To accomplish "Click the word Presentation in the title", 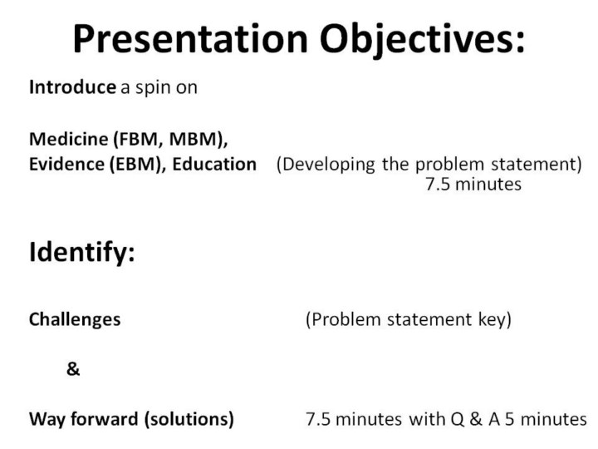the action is pos(190,38).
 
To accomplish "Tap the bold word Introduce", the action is pos(72,87).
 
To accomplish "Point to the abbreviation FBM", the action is pos(135,139).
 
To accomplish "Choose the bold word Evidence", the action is pos(66,164).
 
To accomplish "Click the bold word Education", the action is pos(214,164).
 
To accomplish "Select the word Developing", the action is pos(326,165).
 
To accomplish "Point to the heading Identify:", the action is pos(82,253).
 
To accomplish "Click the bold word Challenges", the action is pos(75,320).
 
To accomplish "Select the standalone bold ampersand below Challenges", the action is pos(73,369).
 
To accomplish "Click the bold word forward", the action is pos(104,419).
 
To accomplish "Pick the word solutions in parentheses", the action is pos(189,419).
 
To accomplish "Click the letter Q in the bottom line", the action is pos(457,419).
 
